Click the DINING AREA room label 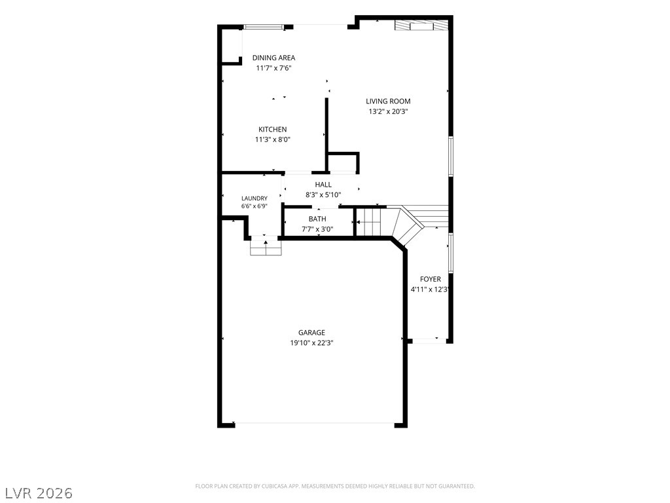click(x=273, y=58)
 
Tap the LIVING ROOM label click(x=388, y=102)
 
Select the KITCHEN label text click(x=273, y=129)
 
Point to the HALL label click(x=323, y=185)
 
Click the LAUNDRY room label click(x=255, y=198)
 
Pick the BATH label click(x=317, y=219)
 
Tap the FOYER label click(x=431, y=279)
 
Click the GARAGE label click(x=311, y=332)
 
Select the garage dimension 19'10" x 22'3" click(x=311, y=343)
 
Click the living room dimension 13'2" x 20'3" click(x=388, y=111)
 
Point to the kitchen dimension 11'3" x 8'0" click(x=273, y=140)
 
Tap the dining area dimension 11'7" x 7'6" click(x=273, y=68)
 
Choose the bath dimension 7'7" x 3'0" click(x=317, y=229)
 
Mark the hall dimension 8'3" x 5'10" click(x=323, y=195)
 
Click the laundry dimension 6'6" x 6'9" click(x=255, y=206)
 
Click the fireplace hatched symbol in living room click(x=421, y=26)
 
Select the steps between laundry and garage click(x=266, y=247)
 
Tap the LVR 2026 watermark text click(x=37, y=493)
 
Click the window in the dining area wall click(x=264, y=27)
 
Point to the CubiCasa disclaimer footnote click(x=335, y=487)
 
